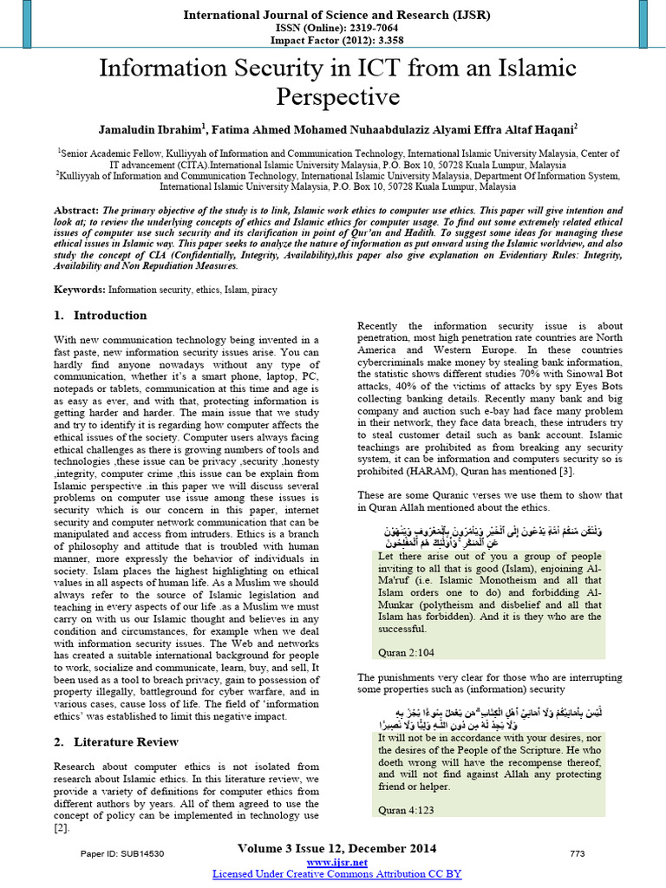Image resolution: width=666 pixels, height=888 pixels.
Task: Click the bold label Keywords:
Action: tap(81, 288)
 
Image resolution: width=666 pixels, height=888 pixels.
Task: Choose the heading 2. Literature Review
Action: tap(116, 741)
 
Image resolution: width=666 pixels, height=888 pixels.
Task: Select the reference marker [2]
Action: tap(60, 828)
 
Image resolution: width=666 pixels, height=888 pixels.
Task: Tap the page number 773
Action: tap(577, 854)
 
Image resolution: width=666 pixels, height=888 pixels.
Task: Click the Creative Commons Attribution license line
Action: tap(337, 874)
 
